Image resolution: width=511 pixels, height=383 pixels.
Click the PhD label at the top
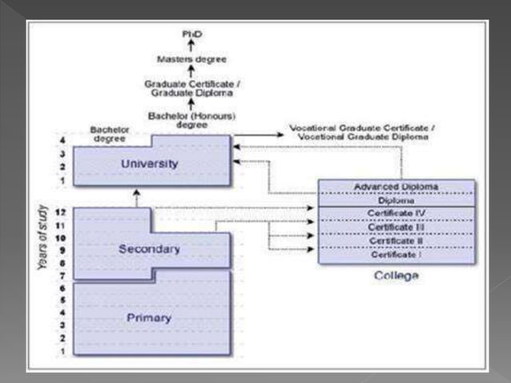tap(191, 32)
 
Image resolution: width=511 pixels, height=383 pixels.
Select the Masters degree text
tap(191, 58)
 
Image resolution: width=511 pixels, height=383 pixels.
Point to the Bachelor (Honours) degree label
tap(191, 120)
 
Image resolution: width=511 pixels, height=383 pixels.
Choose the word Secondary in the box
tap(149, 249)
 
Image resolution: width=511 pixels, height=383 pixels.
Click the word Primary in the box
tap(149, 318)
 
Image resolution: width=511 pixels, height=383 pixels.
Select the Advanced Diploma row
tap(397, 187)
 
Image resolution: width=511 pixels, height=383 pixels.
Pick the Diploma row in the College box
tap(397, 200)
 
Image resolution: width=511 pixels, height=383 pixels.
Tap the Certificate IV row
tap(397, 214)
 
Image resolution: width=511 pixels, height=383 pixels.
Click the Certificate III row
tap(397, 228)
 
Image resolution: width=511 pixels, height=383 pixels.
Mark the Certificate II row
tap(397, 240)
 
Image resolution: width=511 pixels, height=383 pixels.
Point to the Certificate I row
tap(397, 254)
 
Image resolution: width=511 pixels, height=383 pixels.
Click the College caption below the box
tap(396, 276)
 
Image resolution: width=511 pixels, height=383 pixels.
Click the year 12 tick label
tap(61, 212)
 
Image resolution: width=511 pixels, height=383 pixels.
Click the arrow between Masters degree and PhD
tap(191, 45)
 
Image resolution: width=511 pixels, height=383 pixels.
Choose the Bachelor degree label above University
tap(110, 133)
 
